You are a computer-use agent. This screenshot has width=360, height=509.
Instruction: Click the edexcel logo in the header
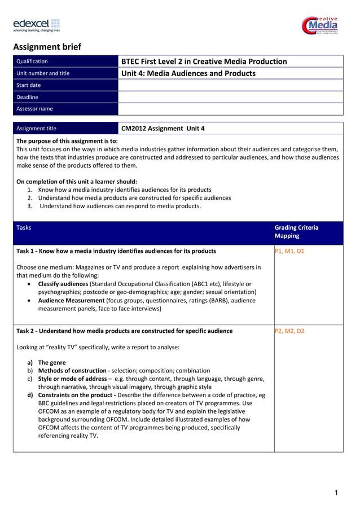pyautogui.click(x=36, y=25)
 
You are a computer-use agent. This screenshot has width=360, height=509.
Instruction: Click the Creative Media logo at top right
pyautogui.click(x=320, y=25)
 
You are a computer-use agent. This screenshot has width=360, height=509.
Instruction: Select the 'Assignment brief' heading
pyautogui.click(x=47, y=47)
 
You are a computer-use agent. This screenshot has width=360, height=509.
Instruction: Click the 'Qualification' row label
pyautogui.click(x=32, y=62)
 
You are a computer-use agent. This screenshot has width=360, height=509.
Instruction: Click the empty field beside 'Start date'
pyautogui.click(x=230, y=85)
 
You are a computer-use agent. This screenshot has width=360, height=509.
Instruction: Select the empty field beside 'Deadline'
pyautogui.click(x=230, y=97)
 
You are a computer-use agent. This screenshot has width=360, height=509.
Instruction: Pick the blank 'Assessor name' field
pyautogui.click(x=230, y=109)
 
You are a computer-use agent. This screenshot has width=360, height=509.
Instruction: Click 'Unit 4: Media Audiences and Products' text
pyautogui.click(x=188, y=73)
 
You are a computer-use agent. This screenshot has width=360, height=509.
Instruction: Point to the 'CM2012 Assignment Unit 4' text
pyautogui.click(x=163, y=128)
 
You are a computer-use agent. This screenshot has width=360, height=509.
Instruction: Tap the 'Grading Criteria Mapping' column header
pyautogui.click(x=296, y=232)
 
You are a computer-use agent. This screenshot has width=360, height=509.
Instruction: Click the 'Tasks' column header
pyautogui.click(x=24, y=228)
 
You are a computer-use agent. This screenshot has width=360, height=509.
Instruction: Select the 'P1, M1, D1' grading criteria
pyautogui.click(x=289, y=251)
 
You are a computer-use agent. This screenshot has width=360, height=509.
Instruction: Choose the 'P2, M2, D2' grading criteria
pyautogui.click(x=289, y=331)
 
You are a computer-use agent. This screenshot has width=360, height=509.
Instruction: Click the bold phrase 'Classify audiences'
pyautogui.click(x=63, y=284)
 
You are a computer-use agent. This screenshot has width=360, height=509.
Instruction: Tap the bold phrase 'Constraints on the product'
pyautogui.click(x=75, y=396)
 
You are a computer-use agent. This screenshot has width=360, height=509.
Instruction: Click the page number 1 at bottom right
pyautogui.click(x=336, y=493)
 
